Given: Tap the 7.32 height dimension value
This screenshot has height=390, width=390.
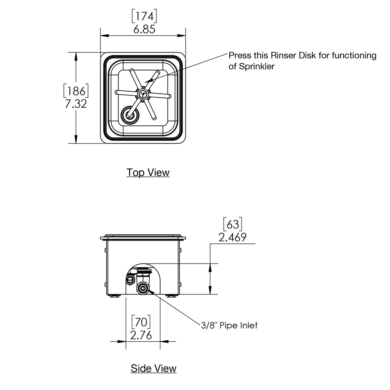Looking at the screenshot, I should pos(76,104).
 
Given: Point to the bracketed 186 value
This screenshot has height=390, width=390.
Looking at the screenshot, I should pos(76,91).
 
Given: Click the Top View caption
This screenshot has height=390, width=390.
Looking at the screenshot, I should pos(148,173).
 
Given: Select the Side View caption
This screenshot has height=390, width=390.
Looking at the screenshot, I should pos(153,368).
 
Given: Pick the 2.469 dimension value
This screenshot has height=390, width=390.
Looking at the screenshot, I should pos(232,238).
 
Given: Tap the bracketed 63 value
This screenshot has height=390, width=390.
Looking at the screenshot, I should pos(232,224).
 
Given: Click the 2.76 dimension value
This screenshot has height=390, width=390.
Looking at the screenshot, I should pos(141,336).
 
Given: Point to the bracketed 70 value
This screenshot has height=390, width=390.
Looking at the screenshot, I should pos(141,322).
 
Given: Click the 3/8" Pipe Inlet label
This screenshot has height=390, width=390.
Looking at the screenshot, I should pos(229,325).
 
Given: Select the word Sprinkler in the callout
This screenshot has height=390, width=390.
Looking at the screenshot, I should pos(257,66).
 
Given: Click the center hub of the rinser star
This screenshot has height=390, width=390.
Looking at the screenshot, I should pos(142,94).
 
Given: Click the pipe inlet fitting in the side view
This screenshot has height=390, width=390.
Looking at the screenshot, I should pos(143,288).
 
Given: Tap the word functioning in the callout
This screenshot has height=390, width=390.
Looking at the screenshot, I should pos(354,56).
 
